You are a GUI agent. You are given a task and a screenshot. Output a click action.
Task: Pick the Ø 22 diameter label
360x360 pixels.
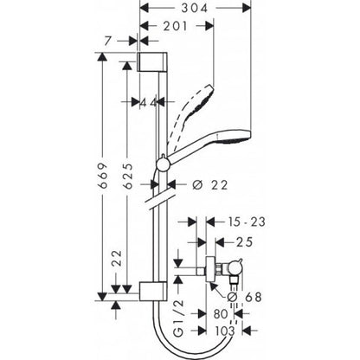[189, 183]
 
